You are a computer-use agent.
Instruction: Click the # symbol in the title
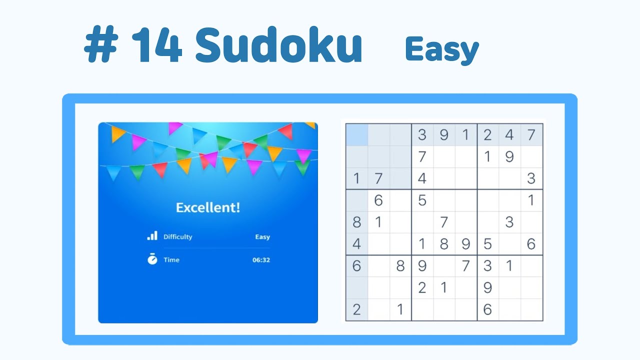point(100,46)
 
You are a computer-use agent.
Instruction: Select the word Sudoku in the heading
point(278,46)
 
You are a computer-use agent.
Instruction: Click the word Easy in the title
point(442,50)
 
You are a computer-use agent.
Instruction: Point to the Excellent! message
point(208,207)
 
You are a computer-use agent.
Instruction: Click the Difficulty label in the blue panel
point(177,237)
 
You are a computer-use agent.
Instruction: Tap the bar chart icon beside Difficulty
point(152,236)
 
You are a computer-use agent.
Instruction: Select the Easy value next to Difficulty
point(262,237)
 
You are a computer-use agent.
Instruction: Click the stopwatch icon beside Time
point(152,259)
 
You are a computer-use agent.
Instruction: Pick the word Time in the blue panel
point(171,260)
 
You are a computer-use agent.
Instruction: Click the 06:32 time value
point(261,260)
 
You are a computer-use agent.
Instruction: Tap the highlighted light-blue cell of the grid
point(356,135)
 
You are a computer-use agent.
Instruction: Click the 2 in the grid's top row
point(487,135)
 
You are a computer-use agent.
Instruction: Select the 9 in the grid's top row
point(443,135)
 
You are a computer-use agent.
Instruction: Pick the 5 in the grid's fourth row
point(422,200)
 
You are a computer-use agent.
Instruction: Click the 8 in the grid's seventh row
point(400,266)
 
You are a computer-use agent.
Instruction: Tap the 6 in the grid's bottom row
point(487,309)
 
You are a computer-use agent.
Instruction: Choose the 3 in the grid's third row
point(531,178)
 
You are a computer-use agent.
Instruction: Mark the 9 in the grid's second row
point(509,157)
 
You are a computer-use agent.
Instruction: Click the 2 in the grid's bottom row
point(356,309)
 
